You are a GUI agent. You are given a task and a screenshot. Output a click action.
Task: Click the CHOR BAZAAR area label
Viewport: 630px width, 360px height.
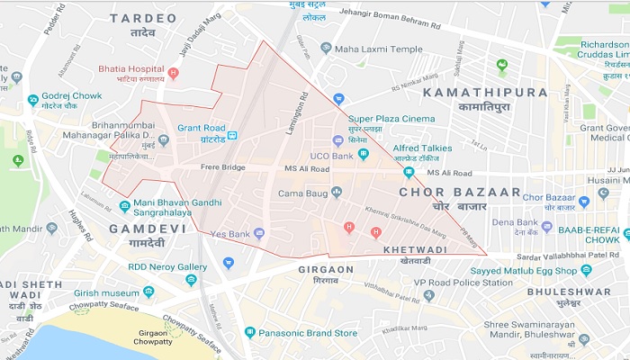point(459,192)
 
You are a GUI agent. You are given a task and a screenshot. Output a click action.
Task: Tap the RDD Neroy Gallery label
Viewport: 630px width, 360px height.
point(167,266)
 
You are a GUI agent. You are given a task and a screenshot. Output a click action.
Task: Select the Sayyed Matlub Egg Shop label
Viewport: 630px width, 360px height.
point(552,269)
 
